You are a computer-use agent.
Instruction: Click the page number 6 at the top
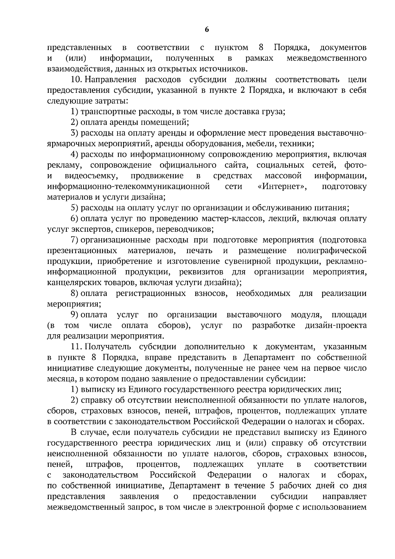(207, 29)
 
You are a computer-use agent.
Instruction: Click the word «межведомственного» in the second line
(327, 59)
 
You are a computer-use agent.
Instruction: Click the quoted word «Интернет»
(282, 187)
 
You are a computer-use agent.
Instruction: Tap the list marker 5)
(74, 208)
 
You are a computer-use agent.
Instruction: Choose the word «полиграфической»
(331, 251)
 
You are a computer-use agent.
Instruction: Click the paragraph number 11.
(76, 347)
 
